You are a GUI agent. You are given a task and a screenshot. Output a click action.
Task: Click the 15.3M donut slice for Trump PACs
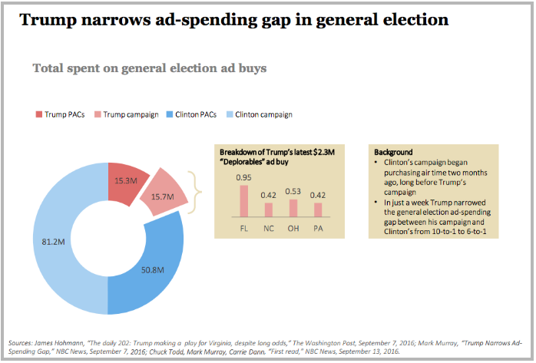point(127,181)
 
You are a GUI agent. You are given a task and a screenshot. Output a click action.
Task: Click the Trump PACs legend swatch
point(38,114)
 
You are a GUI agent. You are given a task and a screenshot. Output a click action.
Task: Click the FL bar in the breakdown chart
point(244,201)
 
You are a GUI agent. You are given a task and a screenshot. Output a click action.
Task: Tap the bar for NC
point(268,210)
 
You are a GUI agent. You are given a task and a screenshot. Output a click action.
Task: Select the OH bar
point(293,208)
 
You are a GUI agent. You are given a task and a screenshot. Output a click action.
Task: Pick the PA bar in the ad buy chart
point(317,210)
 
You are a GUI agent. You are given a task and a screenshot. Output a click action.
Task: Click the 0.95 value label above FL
point(244,178)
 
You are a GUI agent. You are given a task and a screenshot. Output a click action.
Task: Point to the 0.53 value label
point(293,192)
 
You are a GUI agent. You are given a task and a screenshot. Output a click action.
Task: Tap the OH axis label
point(293,228)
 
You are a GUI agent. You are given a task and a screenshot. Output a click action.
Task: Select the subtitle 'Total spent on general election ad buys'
point(149,68)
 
